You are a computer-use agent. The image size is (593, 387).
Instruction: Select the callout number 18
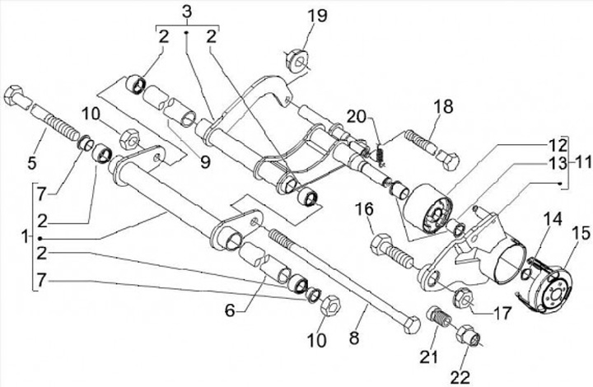pyautogui.click(x=443, y=106)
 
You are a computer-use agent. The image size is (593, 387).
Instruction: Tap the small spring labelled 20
pyautogui.click(x=381, y=152)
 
